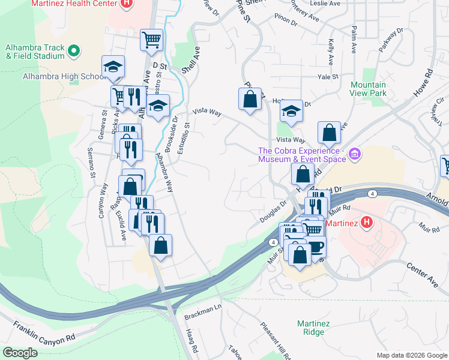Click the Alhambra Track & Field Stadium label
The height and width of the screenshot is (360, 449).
pos(35,52)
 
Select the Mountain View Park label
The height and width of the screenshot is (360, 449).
pos(368,89)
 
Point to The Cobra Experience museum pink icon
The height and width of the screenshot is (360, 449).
pos(355,155)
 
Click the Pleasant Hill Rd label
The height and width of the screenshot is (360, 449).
pos(276,340)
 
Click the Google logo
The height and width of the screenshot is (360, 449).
pos(20,353)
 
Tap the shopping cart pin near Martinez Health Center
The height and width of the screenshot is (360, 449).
pos(152,40)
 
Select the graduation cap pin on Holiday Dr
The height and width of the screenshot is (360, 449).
pos(291,112)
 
